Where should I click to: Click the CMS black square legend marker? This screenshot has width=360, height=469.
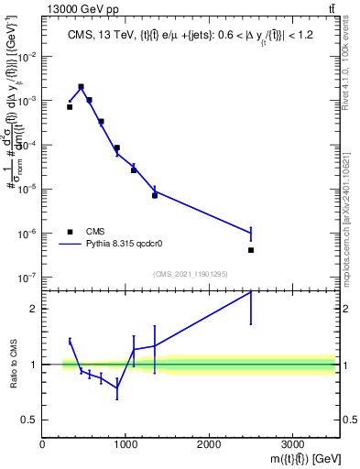click(x=70, y=232)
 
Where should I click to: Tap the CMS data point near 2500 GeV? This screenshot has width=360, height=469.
click(x=250, y=250)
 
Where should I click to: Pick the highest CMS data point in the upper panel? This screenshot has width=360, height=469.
click(x=82, y=87)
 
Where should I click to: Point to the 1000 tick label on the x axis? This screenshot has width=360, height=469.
click(x=125, y=444)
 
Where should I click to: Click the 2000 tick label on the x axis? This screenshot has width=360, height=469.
click(x=209, y=444)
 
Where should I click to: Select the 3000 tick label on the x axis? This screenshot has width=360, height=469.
click(x=292, y=444)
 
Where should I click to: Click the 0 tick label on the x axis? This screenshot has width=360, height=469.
click(x=43, y=444)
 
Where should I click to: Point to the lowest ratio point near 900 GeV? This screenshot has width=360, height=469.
click(x=117, y=387)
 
